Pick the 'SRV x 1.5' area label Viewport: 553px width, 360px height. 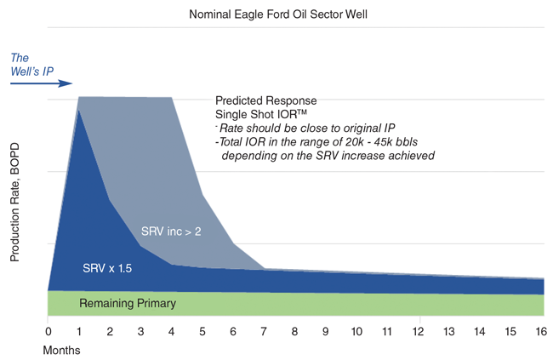pos(105,268)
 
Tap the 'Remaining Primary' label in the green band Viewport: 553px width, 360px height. pos(128,303)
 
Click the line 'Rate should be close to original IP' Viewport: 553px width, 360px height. pos(301,128)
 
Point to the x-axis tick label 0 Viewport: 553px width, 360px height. pos(48,330)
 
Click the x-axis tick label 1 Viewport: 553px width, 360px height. pos(79,330)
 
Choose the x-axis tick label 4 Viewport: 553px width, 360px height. pos(172,330)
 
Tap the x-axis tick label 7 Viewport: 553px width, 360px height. pos(265,330)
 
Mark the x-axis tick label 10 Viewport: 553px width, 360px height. pos(357,330)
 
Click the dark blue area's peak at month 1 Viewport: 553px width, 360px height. pos(79,110)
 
